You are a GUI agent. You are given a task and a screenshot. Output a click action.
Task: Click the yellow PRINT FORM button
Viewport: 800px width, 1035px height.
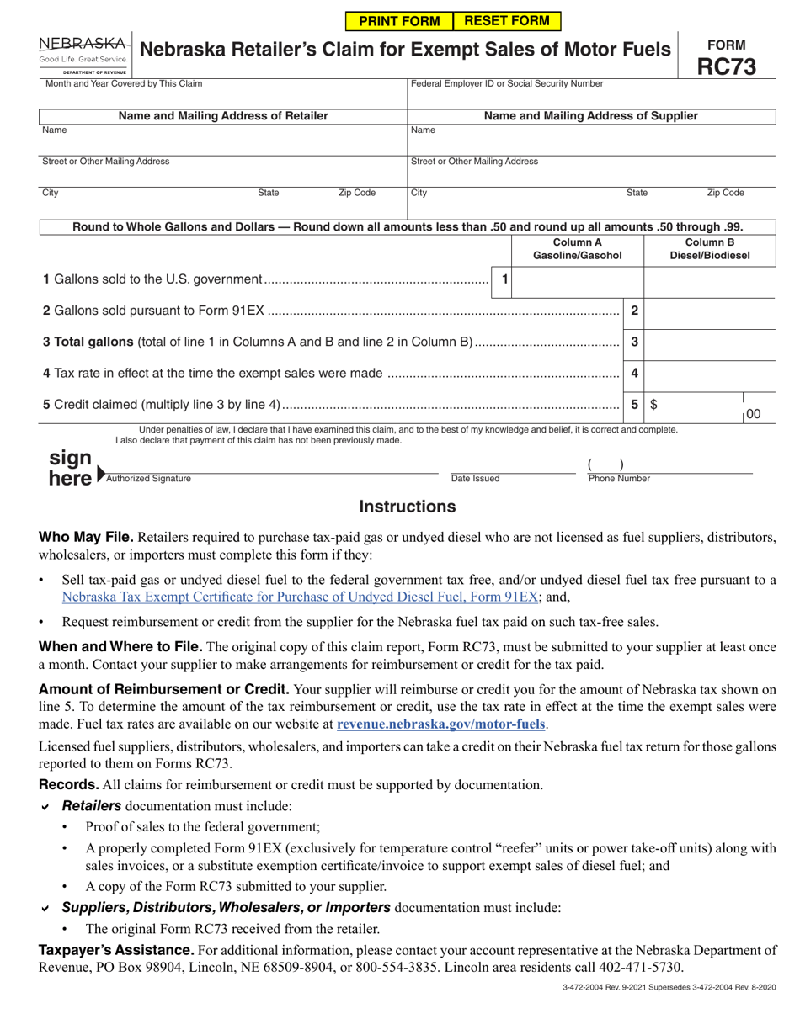coord(399,21)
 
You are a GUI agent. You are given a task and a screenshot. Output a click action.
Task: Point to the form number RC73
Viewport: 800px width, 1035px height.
coord(725,66)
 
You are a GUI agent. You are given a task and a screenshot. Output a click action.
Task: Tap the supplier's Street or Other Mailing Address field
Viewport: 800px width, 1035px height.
coord(591,172)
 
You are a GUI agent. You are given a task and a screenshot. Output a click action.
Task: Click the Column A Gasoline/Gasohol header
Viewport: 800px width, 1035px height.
coord(577,249)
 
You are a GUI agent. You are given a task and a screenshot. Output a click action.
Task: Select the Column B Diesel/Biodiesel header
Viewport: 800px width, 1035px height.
coord(709,249)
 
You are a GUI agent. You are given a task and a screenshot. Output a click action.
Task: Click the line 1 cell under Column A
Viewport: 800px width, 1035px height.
coord(577,279)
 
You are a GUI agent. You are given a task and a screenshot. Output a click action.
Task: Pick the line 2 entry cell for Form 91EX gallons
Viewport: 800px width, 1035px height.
coord(709,310)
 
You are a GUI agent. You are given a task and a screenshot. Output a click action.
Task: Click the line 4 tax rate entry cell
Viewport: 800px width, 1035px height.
coord(709,373)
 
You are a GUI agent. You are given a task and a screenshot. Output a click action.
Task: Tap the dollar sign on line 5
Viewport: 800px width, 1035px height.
coord(654,405)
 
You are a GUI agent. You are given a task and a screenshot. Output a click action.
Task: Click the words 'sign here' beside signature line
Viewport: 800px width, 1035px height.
coord(71,468)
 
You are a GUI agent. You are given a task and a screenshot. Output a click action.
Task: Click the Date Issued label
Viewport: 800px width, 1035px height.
coord(475,479)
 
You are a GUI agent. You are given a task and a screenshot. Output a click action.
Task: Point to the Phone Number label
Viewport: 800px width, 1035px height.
coord(619,479)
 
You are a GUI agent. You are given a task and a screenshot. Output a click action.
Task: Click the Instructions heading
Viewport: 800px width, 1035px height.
coord(408,507)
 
